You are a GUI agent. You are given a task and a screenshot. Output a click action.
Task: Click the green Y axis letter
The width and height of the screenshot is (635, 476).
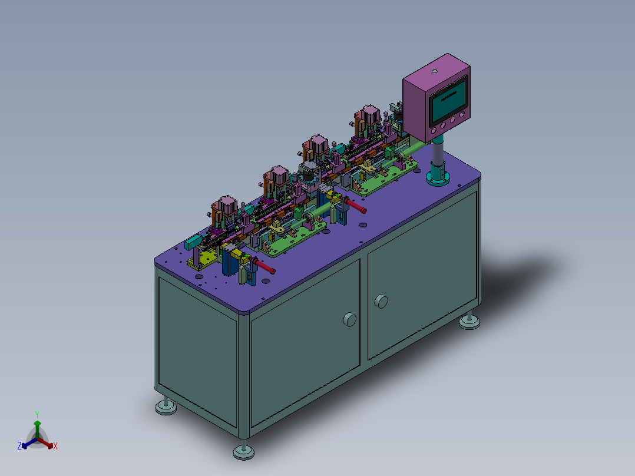coord(37,414)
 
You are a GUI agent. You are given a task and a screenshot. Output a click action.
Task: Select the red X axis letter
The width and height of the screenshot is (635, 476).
coord(55,446)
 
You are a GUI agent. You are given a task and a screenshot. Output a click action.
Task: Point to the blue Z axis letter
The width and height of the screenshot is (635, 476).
coord(19,446)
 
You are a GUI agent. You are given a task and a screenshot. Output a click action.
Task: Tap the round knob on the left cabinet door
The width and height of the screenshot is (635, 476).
coord(349,320)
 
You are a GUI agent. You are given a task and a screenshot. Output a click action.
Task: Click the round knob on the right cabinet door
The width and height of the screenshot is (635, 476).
coord(381,302)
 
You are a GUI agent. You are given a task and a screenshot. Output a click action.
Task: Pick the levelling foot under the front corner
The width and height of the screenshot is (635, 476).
coord(244,451)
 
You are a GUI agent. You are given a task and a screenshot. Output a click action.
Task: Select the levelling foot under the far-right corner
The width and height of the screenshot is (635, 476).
coord(469,320)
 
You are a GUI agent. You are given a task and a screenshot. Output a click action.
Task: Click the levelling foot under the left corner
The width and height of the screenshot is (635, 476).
coord(166,406)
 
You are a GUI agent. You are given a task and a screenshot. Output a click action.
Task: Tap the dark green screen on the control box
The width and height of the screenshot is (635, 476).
coord(448,102)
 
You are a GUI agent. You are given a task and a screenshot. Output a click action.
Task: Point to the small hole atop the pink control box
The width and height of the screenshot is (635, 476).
coord(435,72)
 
